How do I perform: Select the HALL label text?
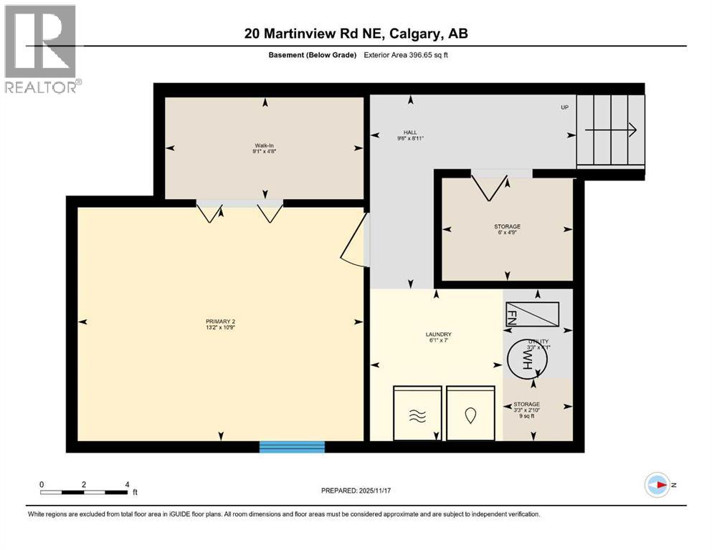(409, 135)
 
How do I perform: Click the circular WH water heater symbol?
(528, 358)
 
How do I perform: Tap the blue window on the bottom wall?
(292, 447)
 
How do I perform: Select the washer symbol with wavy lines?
(417, 414)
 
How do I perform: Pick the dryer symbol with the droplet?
(470, 414)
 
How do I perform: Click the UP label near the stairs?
(565, 107)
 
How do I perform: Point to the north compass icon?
(657, 485)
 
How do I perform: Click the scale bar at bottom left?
(85, 492)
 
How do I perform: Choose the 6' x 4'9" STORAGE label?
(507, 229)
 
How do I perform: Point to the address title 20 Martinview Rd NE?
(356, 34)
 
